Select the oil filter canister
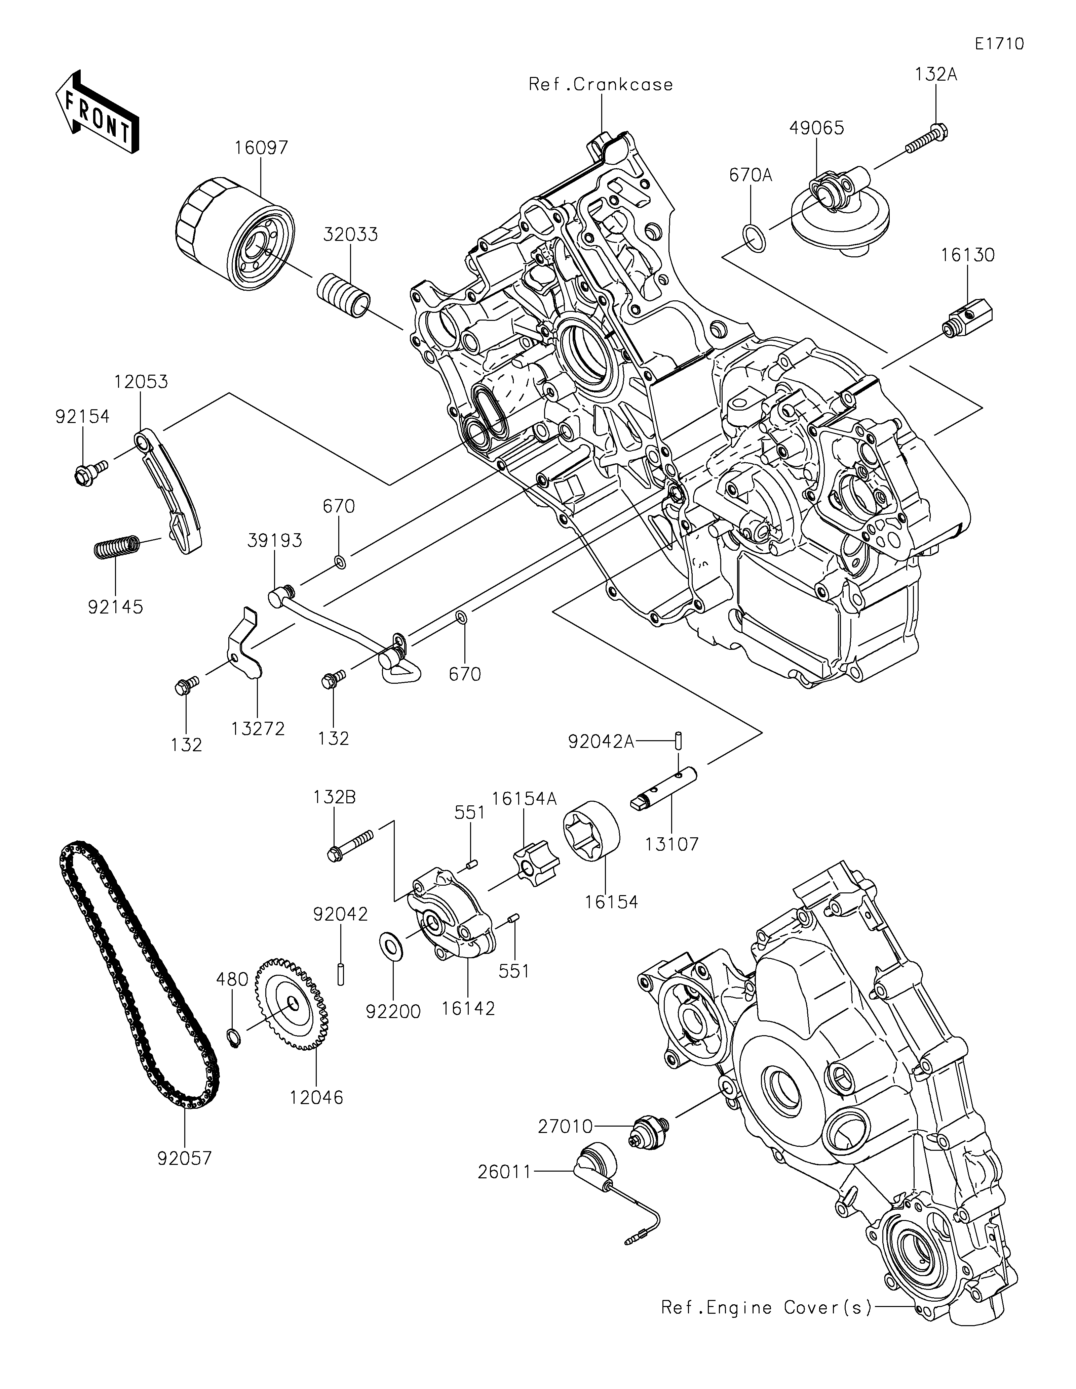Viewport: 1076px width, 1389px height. pyautogui.click(x=235, y=234)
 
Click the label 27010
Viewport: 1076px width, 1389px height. pyautogui.click(x=566, y=1127)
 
